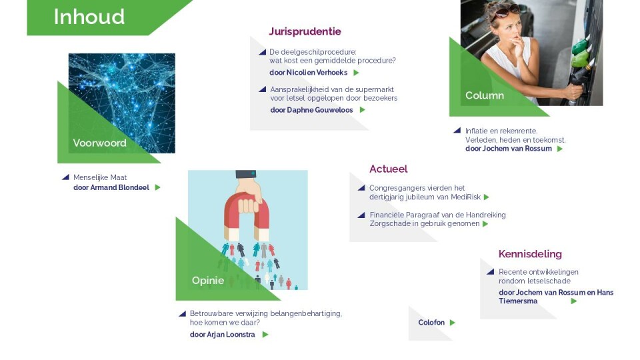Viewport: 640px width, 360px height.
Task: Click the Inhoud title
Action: (x=89, y=17)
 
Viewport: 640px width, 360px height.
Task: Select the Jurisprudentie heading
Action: (x=305, y=31)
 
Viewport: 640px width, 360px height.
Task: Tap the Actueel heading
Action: (x=388, y=169)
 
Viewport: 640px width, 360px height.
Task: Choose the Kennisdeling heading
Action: (x=530, y=254)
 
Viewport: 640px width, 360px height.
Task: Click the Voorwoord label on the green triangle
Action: (x=99, y=143)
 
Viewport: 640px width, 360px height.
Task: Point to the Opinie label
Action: (x=208, y=281)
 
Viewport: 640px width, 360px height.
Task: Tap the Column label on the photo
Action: (x=485, y=95)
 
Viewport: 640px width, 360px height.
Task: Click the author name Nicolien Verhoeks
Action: (x=317, y=73)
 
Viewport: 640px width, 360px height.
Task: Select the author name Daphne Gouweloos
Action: (x=319, y=110)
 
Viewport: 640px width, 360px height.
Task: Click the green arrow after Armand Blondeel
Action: (x=157, y=187)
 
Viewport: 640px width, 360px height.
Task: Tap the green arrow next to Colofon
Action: (x=452, y=323)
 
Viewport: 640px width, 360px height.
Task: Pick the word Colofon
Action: (x=431, y=323)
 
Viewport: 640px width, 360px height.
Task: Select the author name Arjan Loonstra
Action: (x=231, y=334)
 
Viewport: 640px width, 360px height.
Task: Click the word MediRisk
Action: (x=466, y=197)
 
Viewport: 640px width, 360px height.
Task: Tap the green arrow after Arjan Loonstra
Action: (x=265, y=335)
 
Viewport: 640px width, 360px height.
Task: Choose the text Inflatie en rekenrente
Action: (x=501, y=131)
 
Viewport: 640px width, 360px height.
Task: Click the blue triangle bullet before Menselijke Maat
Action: (x=65, y=177)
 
